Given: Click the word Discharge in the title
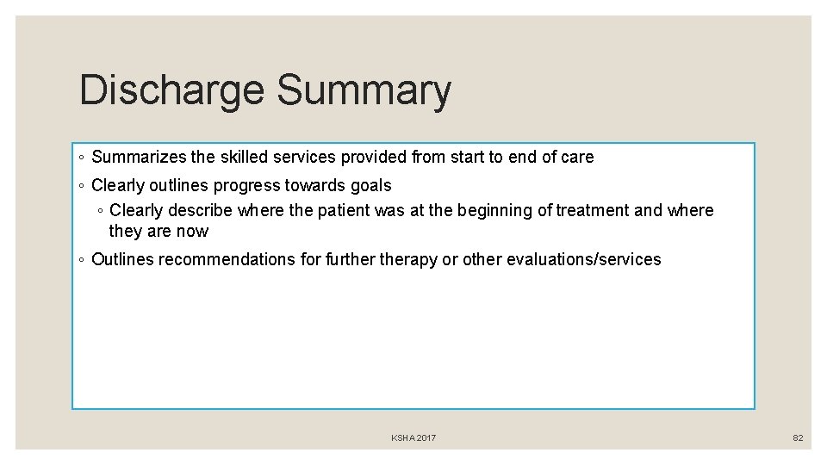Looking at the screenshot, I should (x=172, y=90).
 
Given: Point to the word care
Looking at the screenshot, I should (x=576, y=157).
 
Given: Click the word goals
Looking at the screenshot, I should (x=371, y=185).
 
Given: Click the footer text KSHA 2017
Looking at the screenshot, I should (x=413, y=438).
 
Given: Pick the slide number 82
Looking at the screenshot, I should (x=798, y=438).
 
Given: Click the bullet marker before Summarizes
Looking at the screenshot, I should (x=80, y=158).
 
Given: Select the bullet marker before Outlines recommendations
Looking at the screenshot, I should (x=80, y=260).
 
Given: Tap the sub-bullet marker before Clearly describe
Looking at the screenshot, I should (x=100, y=211).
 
